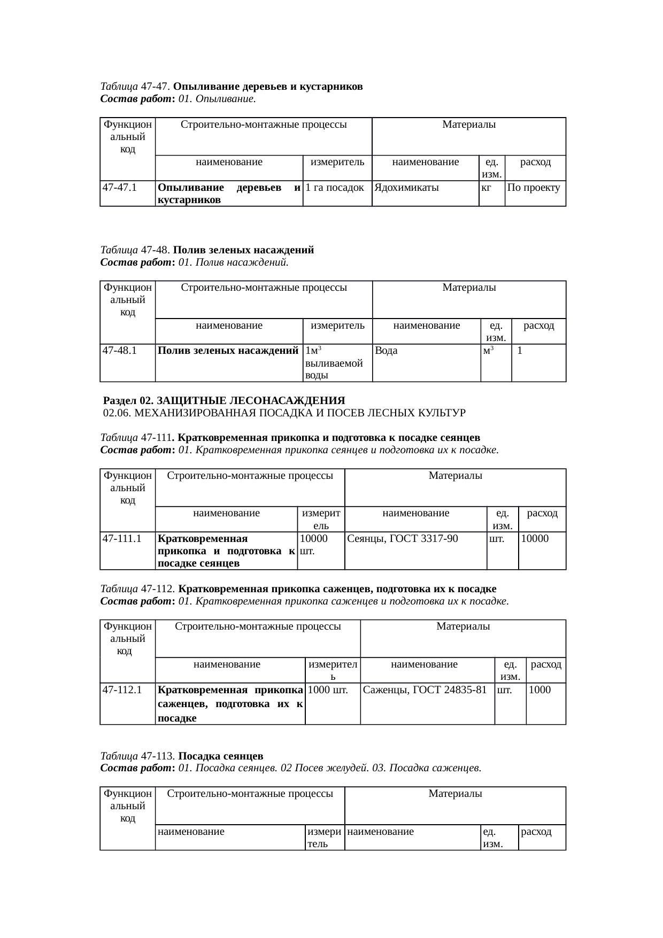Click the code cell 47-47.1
(120, 188)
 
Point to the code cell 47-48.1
(120, 351)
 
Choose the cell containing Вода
(387, 351)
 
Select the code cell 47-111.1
(122, 539)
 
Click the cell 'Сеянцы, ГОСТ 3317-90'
(403, 539)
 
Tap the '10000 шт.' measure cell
(314, 544)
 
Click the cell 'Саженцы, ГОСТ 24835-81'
(425, 690)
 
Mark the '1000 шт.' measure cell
(328, 690)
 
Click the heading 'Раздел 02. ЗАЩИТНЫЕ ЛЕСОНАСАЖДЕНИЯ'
(224, 400)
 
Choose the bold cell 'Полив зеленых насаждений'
(228, 351)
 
